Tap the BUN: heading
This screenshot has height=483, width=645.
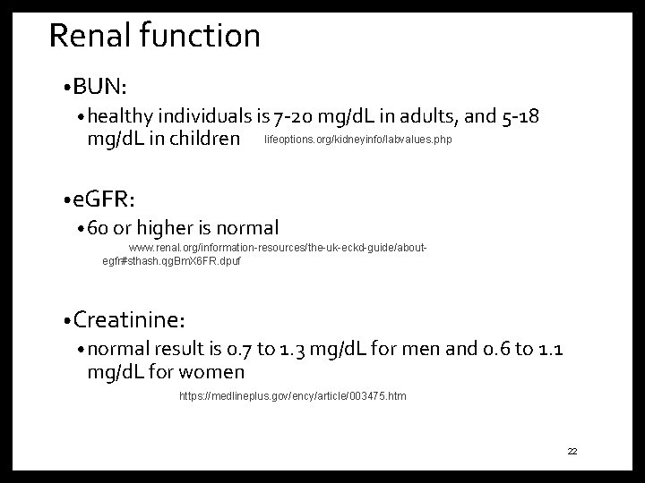tap(100, 87)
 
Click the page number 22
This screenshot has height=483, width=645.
tap(572, 452)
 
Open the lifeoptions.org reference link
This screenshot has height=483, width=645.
tap(358, 140)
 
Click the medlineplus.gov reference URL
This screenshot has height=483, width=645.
tap(292, 395)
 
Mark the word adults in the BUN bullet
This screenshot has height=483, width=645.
tap(430, 117)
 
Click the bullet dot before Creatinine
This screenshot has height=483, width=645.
tap(67, 319)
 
